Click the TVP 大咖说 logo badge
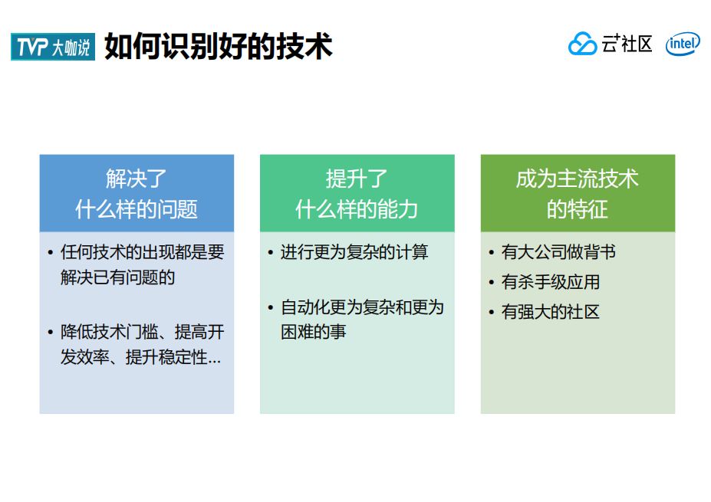coord(53,46)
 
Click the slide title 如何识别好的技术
coord(218,46)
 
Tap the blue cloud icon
coord(582,44)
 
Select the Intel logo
coord(683,44)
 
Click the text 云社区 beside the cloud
coord(627,44)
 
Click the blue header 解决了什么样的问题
coord(137,193)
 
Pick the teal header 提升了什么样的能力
coord(357,193)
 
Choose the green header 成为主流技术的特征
coord(578,193)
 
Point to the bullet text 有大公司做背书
coord(558,252)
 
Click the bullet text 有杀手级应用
coord(551,282)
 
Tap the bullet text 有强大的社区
coord(551,312)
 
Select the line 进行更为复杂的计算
coord(354,252)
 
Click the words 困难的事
coord(314,332)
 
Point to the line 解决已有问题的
coord(118,277)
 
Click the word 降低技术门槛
coord(110,332)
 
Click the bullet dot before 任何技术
coord(51,253)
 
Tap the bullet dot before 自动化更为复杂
coord(271,308)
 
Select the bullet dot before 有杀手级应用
coord(492,283)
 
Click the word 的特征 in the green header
coord(578,209)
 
